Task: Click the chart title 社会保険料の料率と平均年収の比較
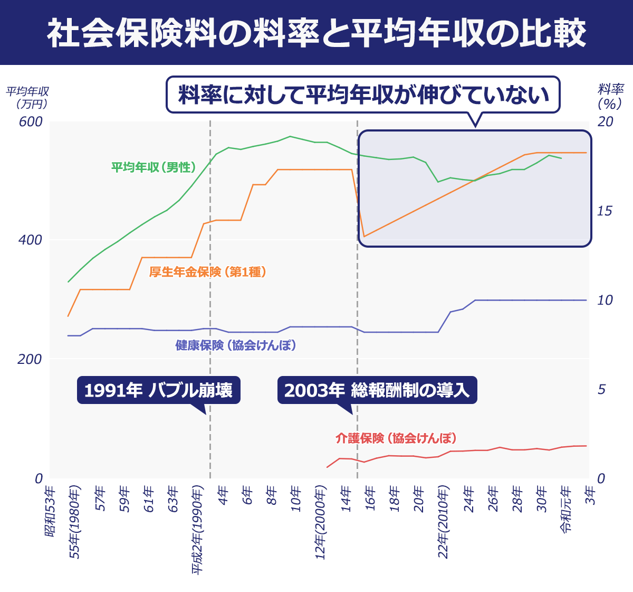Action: [316, 33]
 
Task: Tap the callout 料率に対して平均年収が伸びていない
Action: [363, 95]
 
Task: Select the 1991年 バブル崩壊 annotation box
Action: [158, 390]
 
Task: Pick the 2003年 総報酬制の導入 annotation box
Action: [377, 390]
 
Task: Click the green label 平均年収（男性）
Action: [154, 167]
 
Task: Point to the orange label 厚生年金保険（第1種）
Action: [207, 272]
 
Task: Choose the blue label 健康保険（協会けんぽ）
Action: [235, 345]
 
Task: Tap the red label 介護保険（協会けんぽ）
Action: [396, 438]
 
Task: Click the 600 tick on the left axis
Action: [31, 122]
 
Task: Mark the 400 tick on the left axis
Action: [31, 240]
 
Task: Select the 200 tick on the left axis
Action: [31, 359]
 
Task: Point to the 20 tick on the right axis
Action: [605, 122]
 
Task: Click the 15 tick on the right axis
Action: [605, 211]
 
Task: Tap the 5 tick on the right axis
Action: [601, 389]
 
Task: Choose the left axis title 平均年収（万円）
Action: [27, 98]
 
